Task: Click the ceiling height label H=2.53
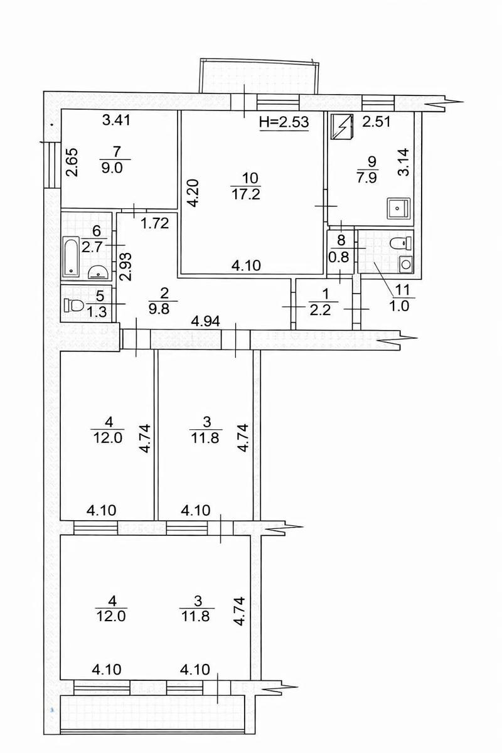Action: [x=284, y=122]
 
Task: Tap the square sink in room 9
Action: [x=398, y=208]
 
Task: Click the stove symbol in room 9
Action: [x=343, y=127]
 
